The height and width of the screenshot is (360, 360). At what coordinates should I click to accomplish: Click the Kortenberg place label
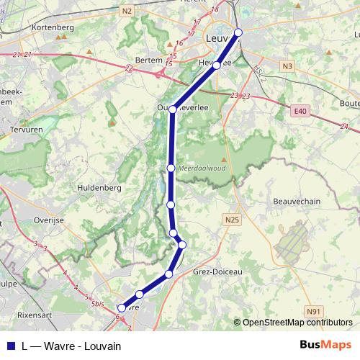(x=53, y=27)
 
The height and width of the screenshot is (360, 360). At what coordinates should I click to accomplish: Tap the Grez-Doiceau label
(x=218, y=272)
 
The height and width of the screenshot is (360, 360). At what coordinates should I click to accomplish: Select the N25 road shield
(x=231, y=220)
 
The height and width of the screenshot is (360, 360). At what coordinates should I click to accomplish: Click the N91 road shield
(x=313, y=311)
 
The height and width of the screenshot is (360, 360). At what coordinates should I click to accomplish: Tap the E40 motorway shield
(x=300, y=111)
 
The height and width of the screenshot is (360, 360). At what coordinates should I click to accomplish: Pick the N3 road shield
(x=288, y=67)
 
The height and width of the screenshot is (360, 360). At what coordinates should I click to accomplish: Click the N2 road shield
(x=127, y=10)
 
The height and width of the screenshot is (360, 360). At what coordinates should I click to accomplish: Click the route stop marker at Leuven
(x=238, y=32)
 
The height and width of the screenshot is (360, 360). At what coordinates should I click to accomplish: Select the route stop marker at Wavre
(x=121, y=308)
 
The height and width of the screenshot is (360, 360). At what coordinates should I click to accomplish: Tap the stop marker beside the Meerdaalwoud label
(x=171, y=168)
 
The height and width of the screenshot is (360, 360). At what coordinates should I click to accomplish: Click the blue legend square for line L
(x=10, y=346)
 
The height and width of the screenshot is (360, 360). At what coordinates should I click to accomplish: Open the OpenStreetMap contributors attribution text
(x=297, y=323)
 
